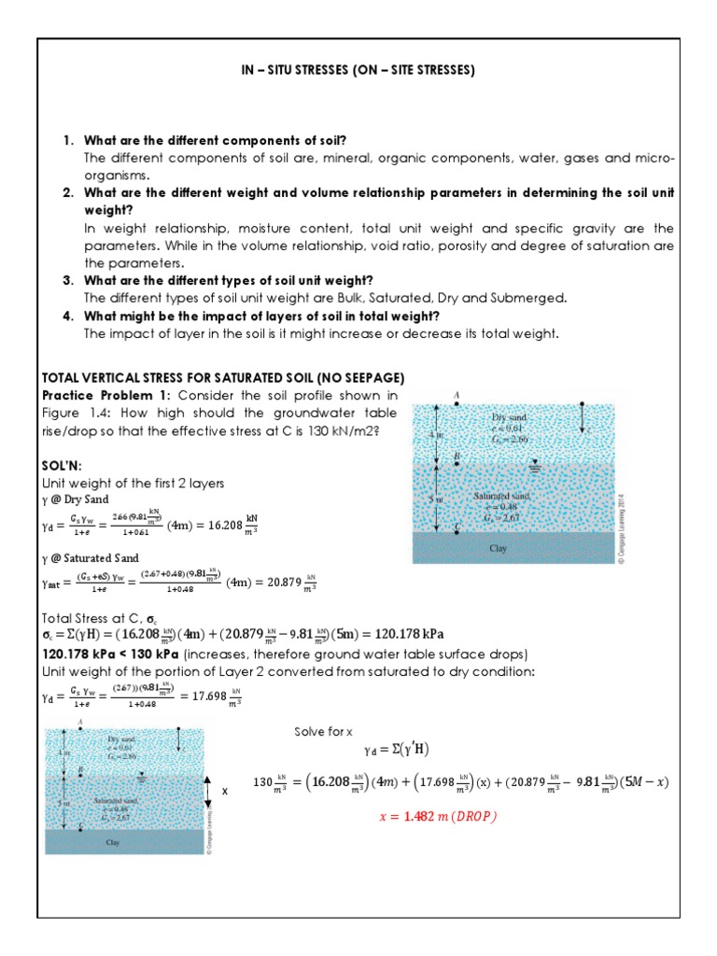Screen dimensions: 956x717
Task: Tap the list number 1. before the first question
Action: coord(68,140)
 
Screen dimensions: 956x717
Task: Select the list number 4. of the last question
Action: coord(68,316)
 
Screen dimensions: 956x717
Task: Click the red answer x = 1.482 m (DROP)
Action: coord(438,815)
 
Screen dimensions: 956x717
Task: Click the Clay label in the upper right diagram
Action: coord(499,549)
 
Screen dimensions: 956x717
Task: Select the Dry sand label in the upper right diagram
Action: coord(509,415)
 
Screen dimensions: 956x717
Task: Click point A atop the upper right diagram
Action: coord(457,396)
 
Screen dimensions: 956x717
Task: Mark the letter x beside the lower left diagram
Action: coord(224,791)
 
